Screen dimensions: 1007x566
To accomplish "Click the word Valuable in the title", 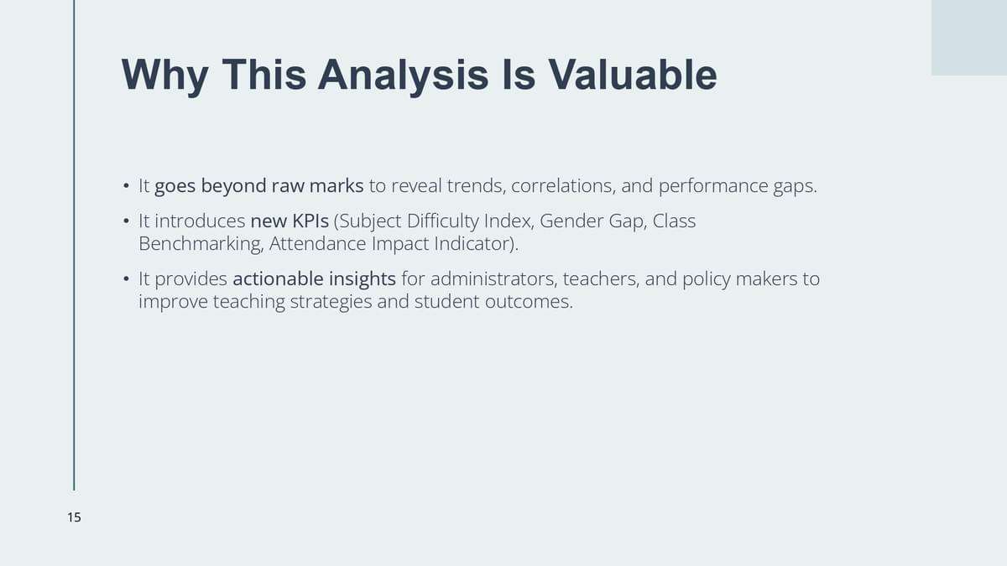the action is [632, 75].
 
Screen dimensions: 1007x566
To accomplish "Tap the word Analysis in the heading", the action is [404, 76].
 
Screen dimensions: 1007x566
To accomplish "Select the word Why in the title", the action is [164, 76].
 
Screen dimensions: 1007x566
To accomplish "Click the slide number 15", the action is [74, 517].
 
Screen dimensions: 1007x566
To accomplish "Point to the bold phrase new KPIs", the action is [290, 221].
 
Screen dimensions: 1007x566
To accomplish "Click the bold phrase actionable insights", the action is [314, 279].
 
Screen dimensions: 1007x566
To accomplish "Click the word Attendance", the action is [318, 244].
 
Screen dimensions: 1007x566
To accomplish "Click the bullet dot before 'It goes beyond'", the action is [126, 185].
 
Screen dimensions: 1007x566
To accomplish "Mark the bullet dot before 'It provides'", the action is [126, 279].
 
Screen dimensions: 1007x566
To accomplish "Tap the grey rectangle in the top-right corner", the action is [969, 38].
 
